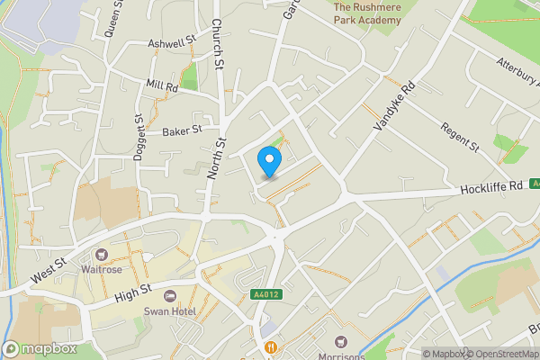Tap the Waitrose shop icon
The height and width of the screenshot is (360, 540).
(x=102, y=256)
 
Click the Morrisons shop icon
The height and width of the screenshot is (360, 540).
(x=341, y=341)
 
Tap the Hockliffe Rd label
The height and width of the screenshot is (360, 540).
(x=491, y=187)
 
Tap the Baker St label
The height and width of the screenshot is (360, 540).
(x=181, y=131)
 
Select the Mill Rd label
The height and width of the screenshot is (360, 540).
(x=163, y=85)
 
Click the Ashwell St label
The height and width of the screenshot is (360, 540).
(x=172, y=42)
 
